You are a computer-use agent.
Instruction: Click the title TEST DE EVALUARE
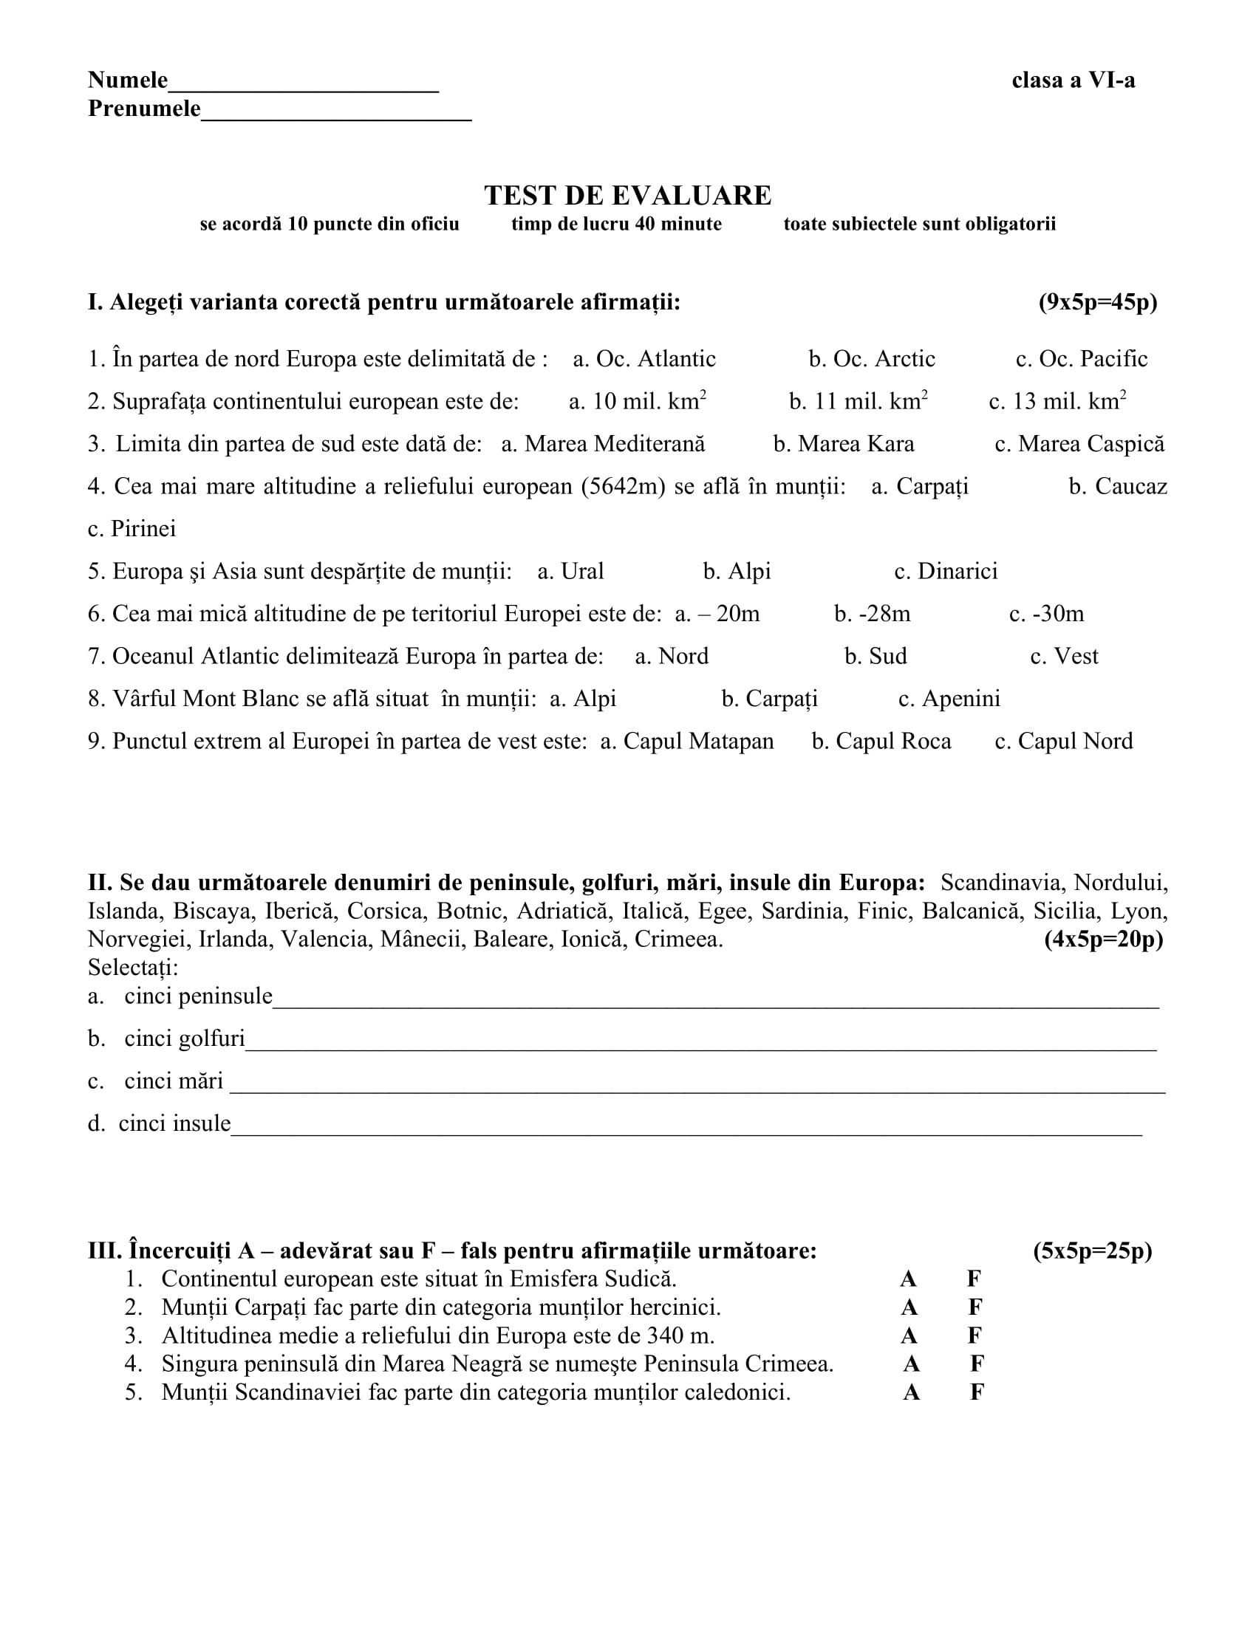[x=627, y=196]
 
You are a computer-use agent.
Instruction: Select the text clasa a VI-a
[x=1073, y=81]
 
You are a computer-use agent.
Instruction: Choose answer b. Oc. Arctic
[x=871, y=360]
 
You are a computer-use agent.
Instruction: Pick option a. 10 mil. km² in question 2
[x=637, y=402]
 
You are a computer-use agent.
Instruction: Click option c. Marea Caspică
[x=1079, y=444]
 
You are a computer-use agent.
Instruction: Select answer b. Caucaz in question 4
[x=1118, y=487]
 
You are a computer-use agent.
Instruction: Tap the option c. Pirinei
[x=132, y=529]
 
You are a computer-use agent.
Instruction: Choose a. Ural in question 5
[x=570, y=572]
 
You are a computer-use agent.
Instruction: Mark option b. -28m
[x=872, y=614]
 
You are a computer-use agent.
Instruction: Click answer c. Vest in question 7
[x=1064, y=656]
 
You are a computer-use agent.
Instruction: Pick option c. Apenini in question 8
[x=949, y=699]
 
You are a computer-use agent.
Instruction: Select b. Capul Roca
[x=881, y=741]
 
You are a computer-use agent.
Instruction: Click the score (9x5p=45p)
[x=1097, y=303]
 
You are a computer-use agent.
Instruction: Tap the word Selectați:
[x=132, y=968]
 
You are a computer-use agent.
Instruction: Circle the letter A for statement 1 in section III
[x=908, y=1279]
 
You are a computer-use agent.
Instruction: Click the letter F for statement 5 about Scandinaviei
[x=977, y=1392]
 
